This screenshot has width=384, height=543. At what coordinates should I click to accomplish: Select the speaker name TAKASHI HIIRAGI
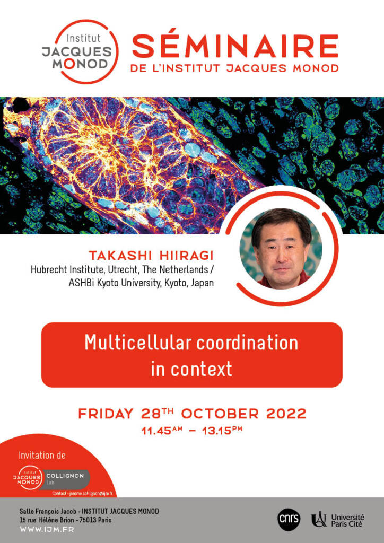(x=151, y=256)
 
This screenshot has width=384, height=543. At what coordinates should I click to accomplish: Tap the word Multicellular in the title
(x=138, y=343)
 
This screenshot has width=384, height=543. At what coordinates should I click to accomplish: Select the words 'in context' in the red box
(x=191, y=370)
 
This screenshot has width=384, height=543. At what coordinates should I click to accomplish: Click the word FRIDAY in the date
(x=106, y=414)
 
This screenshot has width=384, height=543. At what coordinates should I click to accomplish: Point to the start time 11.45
(x=156, y=432)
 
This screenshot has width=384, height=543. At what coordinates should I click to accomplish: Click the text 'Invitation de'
(x=42, y=456)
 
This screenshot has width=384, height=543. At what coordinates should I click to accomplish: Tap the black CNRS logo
(x=289, y=519)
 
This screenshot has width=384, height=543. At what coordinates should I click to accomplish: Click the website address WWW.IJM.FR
(x=47, y=530)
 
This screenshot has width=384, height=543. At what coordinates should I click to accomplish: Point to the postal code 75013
(x=89, y=520)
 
